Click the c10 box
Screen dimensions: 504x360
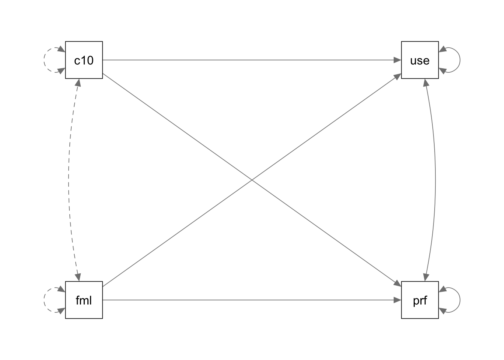click(x=84, y=60)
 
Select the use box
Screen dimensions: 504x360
click(x=420, y=60)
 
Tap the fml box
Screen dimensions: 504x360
click(x=84, y=300)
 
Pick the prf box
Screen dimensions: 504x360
click(x=420, y=300)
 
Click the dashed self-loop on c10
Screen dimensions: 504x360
click(x=44, y=60)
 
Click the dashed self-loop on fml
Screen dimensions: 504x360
click(x=44, y=300)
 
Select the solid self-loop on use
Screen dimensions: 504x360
click(x=460, y=60)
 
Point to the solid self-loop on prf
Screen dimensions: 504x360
click(x=460, y=300)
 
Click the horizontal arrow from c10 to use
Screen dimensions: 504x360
click(x=252, y=60)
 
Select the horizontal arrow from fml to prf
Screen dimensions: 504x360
click(x=252, y=300)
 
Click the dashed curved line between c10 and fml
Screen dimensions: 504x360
click(x=69, y=180)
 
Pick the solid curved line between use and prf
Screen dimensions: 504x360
click(x=435, y=180)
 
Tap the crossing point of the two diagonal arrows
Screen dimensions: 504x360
click(x=252, y=180)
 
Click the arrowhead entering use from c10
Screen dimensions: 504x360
click(x=397, y=60)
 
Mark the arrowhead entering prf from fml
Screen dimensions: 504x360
click(x=397, y=300)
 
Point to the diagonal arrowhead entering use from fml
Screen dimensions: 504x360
click(x=398, y=76)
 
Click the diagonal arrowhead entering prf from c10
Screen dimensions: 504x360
click(x=398, y=284)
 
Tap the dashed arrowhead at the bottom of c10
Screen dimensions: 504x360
click(x=78, y=82)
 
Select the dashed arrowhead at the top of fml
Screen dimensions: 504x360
click(x=78, y=277)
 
